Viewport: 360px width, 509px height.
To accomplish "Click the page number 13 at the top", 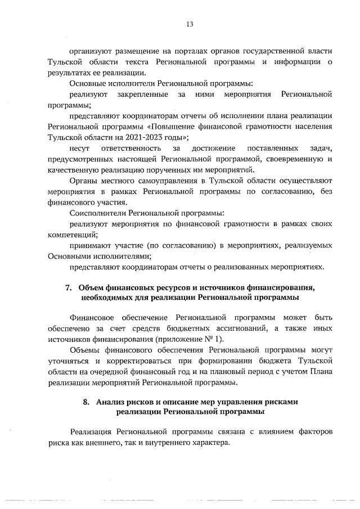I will [190, 24].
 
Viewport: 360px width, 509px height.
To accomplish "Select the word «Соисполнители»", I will [98, 213].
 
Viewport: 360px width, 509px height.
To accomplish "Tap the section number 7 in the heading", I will [68, 288].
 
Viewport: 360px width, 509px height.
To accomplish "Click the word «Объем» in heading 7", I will [92, 288].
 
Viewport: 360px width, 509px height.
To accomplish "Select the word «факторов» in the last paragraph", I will [312, 431].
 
